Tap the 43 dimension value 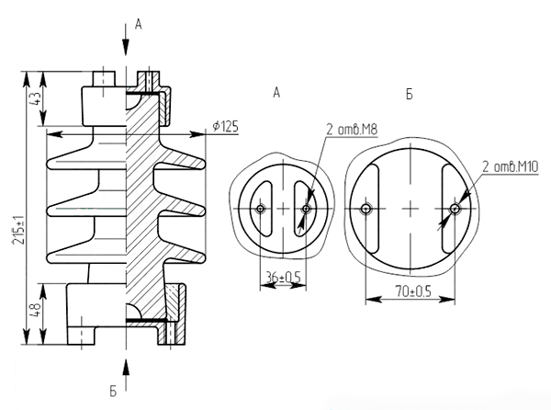(36, 97)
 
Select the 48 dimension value (36, 310)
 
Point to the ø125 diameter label (225, 126)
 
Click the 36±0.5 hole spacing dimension (283, 278)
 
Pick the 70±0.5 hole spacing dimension (413, 291)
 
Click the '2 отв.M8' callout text (352, 130)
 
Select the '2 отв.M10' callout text (511, 166)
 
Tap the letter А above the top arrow (139, 24)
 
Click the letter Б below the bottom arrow (113, 392)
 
